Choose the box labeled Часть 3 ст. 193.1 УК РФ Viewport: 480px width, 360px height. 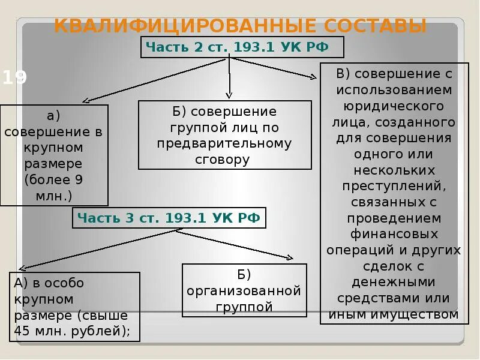pos(169,218)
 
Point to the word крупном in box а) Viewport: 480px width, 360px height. pos(54,147)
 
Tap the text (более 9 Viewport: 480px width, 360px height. pos(54,179)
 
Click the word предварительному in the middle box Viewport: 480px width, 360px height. pos(224,144)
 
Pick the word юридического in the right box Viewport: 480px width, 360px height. pos(394,106)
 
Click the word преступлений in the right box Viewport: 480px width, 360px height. pos(394,185)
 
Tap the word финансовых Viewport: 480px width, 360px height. pos(394,234)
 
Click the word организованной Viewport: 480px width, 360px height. pos(244,291)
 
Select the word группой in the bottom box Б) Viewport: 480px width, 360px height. pos(244,307)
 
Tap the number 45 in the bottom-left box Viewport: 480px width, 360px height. pos(22,330)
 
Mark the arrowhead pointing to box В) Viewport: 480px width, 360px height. pos(314,77)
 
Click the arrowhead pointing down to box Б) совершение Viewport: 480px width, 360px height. pos(229,95)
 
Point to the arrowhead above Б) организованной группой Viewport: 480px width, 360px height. pos(289,259)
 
